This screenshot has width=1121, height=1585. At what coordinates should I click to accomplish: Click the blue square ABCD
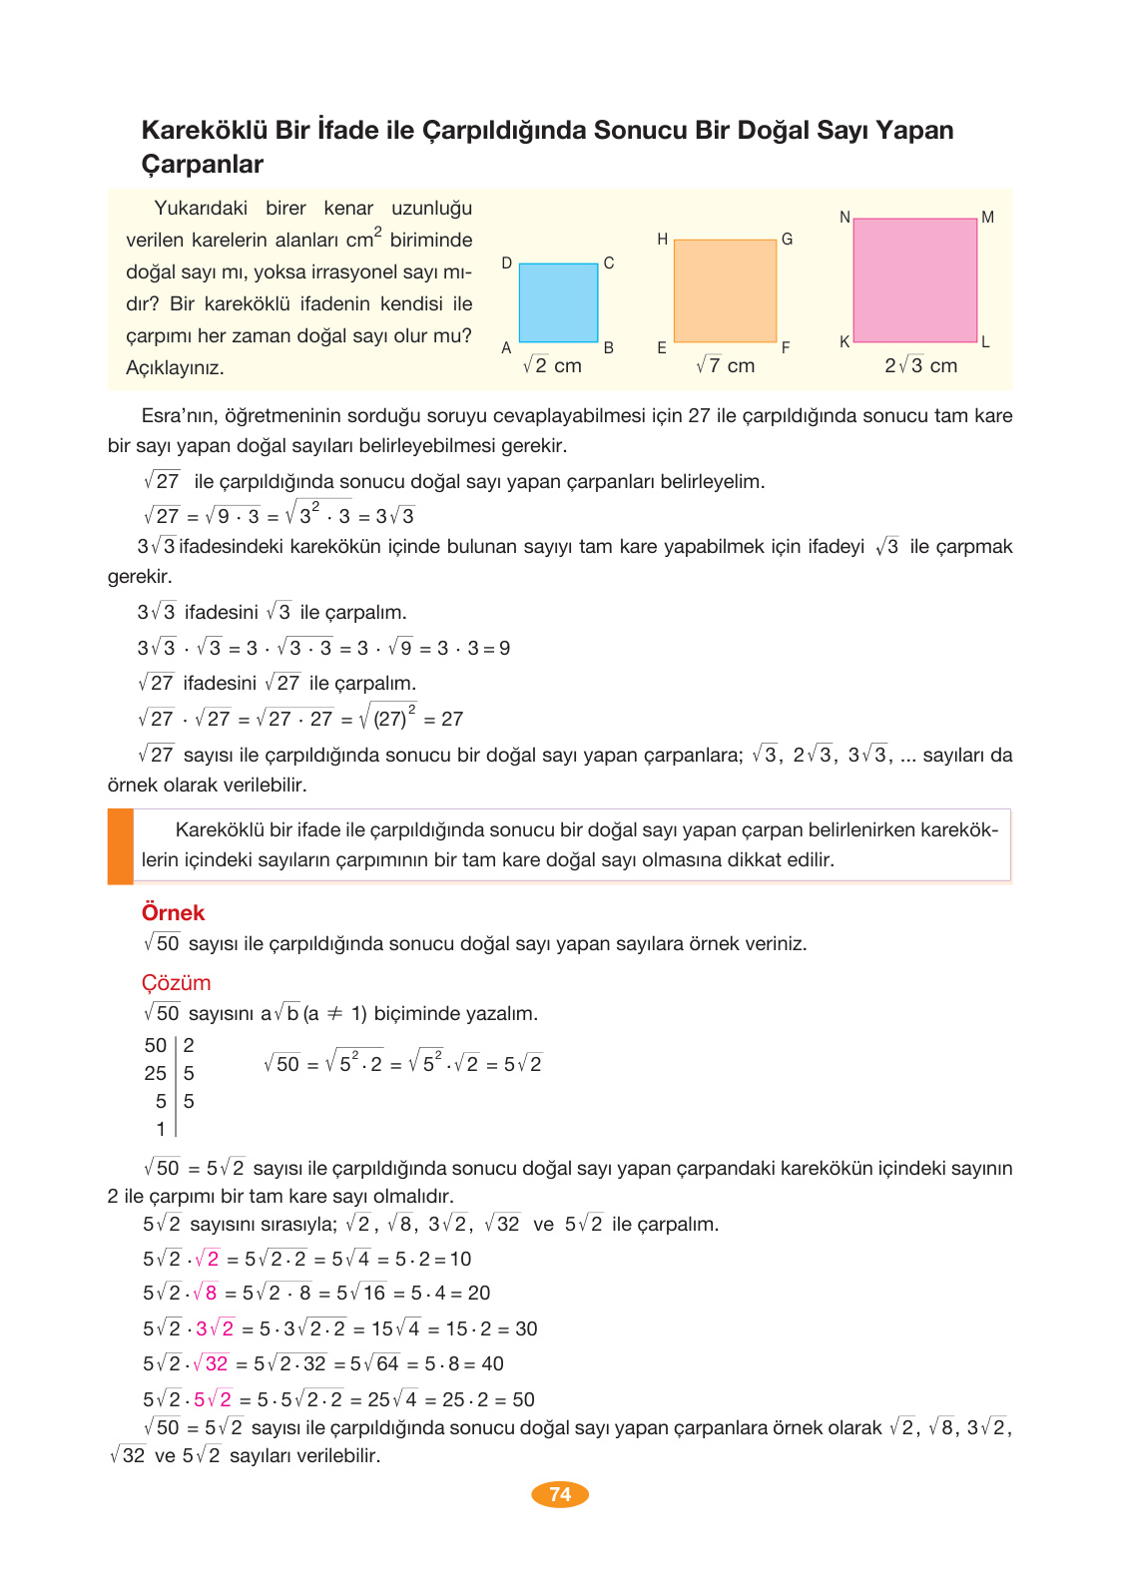coord(558,302)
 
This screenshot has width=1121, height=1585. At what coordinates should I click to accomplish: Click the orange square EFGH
coord(725,290)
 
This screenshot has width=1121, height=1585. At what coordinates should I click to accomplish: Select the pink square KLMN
coord(914,280)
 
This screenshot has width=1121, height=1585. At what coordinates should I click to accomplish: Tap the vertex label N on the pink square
coord(844,217)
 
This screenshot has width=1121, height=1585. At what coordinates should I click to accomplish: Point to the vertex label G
coord(787,240)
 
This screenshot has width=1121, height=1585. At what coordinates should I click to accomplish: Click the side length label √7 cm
coord(726,365)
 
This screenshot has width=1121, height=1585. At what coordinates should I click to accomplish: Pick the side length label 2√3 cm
coord(920,365)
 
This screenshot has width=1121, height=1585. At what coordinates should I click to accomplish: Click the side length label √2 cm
coord(552,365)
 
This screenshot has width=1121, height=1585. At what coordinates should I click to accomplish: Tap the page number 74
coord(560,1494)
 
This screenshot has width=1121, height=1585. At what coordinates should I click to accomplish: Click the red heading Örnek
coord(173,912)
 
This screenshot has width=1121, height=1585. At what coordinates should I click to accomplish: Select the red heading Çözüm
coord(176,982)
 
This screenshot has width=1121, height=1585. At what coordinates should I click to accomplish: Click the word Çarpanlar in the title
coord(203,164)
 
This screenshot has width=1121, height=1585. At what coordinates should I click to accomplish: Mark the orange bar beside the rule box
coord(121,846)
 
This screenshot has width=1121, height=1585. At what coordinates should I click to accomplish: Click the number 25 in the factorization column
coord(155,1073)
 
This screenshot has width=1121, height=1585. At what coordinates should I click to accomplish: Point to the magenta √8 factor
coord(205,1293)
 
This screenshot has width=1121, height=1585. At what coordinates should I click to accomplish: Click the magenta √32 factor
coord(211,1363)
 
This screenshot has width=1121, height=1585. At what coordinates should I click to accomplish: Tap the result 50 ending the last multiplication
coord(523,1399)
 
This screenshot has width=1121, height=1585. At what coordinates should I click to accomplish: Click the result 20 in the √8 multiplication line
coord(479,1293)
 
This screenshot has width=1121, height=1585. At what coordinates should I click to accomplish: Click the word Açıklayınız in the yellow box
coord(175,367)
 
